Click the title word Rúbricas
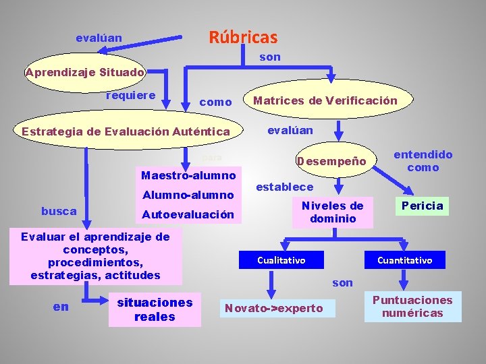243,37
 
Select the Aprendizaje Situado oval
84,72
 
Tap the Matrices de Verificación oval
325,101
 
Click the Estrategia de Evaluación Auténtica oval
126,131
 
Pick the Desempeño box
331,162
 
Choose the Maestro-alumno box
188,176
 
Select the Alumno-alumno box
187,195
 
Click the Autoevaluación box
187,215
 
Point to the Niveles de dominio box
332,212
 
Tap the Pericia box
423,206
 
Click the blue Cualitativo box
281,260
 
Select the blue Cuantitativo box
404,260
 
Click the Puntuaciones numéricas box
412,306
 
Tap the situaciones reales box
155,309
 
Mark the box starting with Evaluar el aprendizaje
95,255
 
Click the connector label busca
59,211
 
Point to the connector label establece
285,187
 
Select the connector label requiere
131,94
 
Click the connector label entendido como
423,161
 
